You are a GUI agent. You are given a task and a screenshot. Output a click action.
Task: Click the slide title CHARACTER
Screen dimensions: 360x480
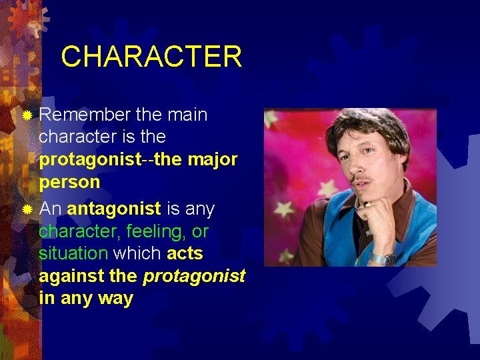[151, 57]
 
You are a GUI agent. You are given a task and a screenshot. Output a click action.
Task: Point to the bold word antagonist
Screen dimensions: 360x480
[114, 209]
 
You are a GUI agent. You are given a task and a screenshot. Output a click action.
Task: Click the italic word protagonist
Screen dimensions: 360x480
[194, 276]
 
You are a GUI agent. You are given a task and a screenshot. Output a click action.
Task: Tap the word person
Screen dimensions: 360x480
[69, 182]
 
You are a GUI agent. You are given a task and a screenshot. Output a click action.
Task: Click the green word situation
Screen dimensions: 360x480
[73, 254]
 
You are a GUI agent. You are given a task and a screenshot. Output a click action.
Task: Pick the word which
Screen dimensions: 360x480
[137, 254]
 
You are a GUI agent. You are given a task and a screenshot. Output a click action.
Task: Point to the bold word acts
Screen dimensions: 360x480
[185, 254]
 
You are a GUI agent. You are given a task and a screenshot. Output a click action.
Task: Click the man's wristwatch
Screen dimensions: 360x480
[379, 258]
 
